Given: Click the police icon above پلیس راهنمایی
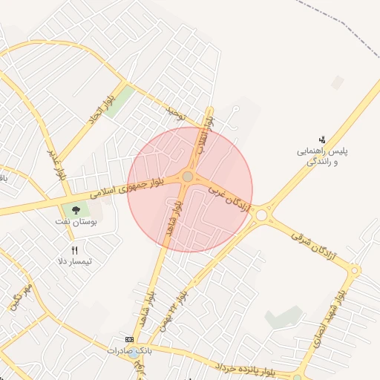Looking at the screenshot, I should click(322, 139).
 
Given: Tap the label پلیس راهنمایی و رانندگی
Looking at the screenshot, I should click(323, 156).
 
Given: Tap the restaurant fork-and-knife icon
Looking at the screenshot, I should click(74, 250).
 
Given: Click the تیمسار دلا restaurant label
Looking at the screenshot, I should click(75, 261).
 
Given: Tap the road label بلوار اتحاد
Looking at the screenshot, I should click(99, 113).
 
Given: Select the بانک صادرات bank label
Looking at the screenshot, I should click(128, 350).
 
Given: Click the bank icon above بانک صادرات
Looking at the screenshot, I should click(131, 338).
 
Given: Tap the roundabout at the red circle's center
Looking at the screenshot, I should click(188, 177).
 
